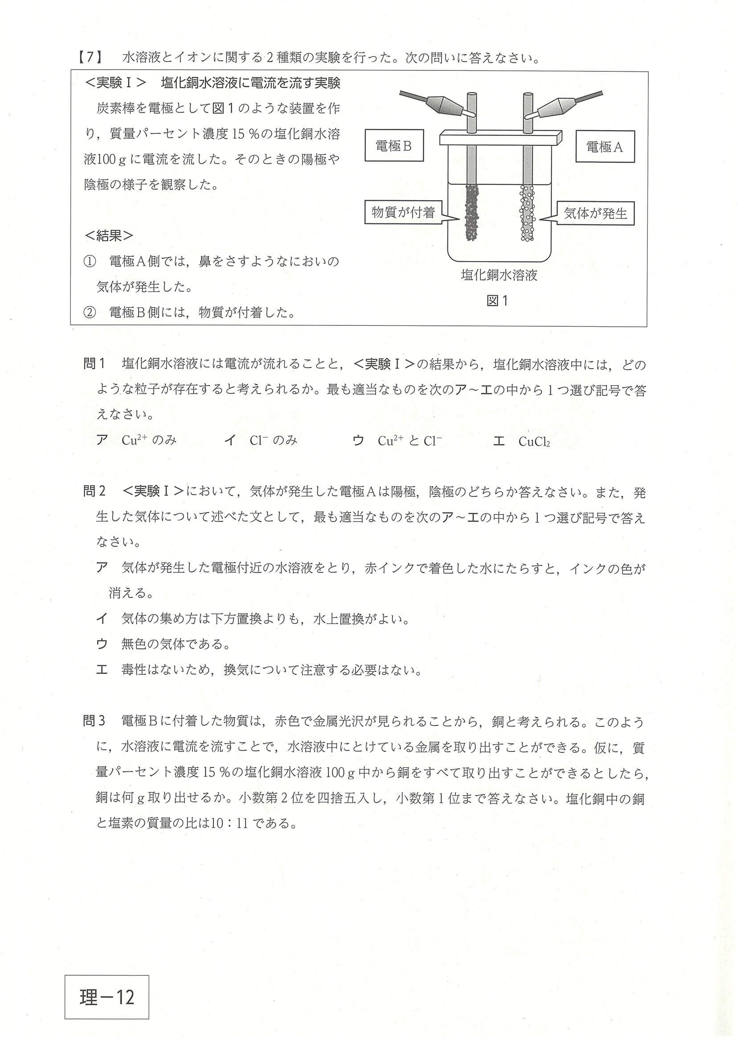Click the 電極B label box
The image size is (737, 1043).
394,145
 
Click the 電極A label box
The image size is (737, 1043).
604,147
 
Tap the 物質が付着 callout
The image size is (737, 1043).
403,212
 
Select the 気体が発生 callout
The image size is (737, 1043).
595,214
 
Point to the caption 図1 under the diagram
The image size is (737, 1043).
497,300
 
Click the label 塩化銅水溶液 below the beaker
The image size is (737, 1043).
499,275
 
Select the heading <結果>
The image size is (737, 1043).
109,235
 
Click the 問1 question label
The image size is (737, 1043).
94,364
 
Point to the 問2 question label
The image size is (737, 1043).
94,491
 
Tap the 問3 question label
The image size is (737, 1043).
94,721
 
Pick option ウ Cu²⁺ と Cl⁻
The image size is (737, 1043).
397,441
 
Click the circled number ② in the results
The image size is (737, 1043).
90,312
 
